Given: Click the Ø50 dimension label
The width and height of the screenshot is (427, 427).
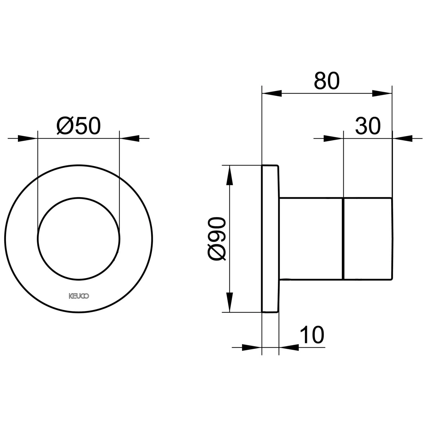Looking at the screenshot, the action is click(x=79, y=126).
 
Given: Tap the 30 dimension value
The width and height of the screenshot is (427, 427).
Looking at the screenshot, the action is click(x=368, y=126).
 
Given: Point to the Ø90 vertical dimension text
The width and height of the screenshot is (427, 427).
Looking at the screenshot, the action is click(x=217, y=239).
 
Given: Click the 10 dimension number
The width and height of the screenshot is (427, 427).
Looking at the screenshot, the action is click(x=312, y=335).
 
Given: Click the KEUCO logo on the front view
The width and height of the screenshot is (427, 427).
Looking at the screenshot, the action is click(x=79, y=296).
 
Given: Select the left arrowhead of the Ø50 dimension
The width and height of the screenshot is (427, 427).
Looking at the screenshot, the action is click(x=28, y=139).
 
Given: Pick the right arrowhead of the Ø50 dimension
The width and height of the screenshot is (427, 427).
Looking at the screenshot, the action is click(x=129, y=139).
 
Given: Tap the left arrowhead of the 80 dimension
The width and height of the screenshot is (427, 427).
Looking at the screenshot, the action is click(x=272, y=93).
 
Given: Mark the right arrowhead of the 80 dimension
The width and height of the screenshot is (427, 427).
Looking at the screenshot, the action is click(x=382, y=93).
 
